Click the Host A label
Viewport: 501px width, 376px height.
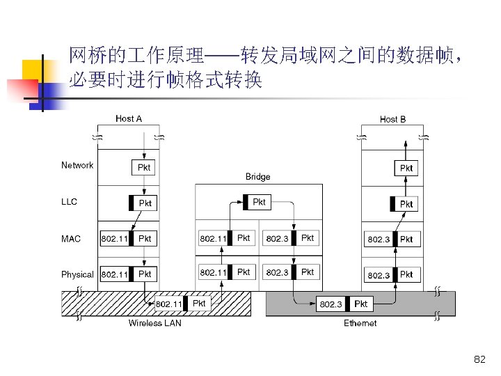point(129,119)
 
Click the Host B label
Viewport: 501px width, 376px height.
point(392,119)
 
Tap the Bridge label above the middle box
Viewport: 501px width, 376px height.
point(257,177)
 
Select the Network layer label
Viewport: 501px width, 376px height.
point(77,166)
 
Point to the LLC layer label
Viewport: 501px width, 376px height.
point(70,202)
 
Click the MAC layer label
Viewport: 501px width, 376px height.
point(71,239)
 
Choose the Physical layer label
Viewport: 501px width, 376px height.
point(77,274)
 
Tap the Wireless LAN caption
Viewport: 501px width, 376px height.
point(154,323)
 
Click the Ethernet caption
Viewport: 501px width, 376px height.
point(360,323)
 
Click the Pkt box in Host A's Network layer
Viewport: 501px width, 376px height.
point(143,168)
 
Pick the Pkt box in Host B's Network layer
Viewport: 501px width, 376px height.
point(406,168)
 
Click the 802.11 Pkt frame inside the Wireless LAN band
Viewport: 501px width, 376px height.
point(181,304)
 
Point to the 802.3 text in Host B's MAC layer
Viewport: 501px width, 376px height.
point(379,239)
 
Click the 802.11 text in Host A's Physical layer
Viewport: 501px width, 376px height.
point(115,274)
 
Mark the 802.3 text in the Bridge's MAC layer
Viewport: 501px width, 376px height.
point(278,238)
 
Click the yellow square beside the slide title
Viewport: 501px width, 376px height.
point(35,70)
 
